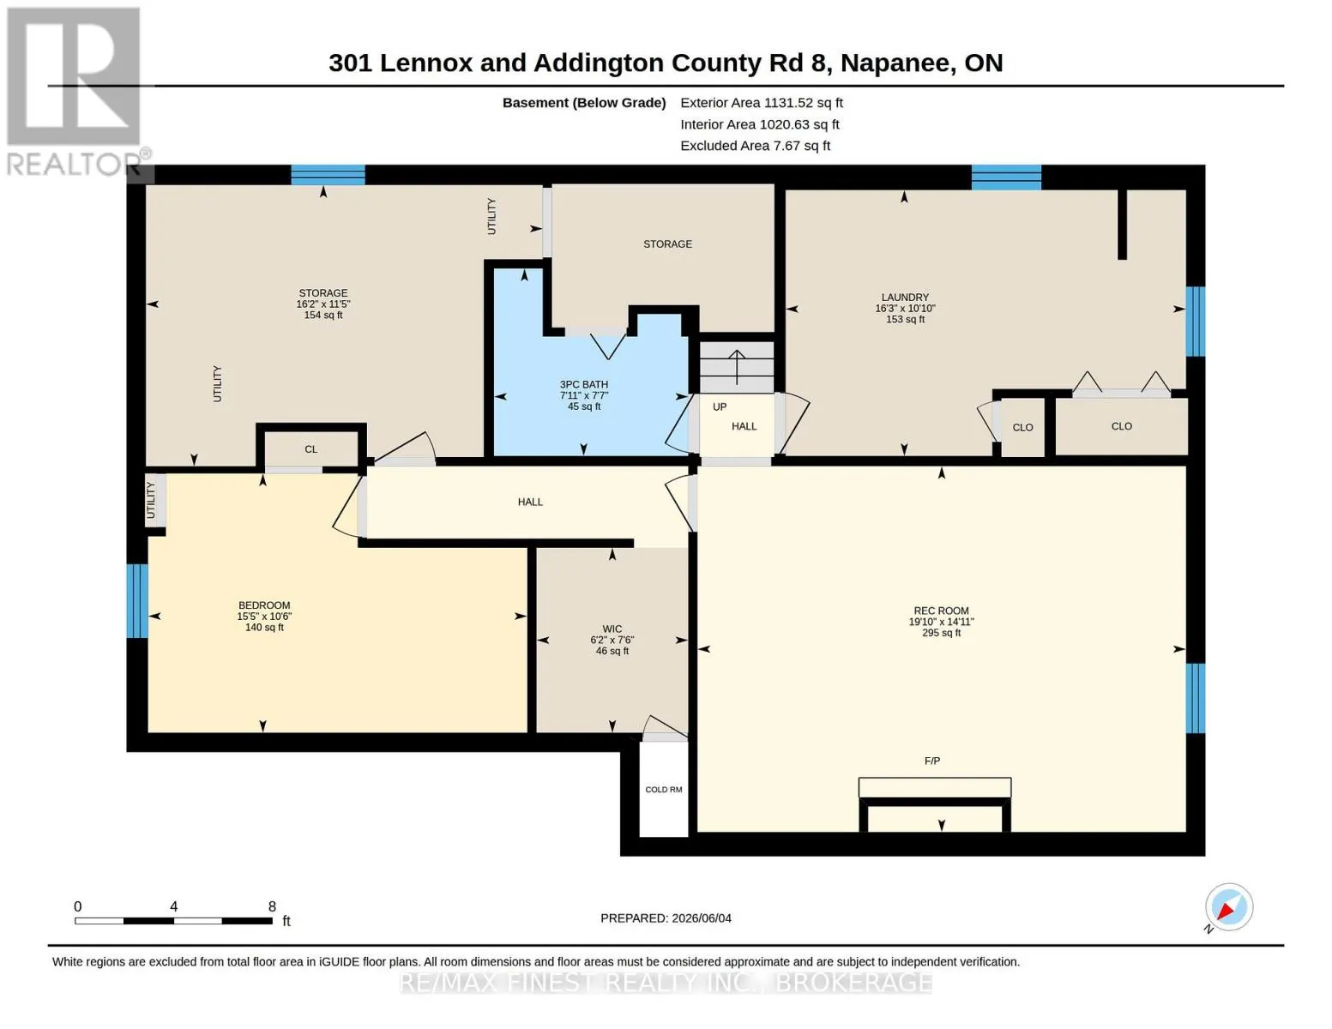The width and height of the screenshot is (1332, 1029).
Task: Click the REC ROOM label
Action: [941, 611]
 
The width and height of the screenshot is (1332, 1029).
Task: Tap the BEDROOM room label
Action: [264, 605]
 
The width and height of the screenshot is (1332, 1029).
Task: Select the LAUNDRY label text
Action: [905, 298]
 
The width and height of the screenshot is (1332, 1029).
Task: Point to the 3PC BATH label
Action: [583, 384]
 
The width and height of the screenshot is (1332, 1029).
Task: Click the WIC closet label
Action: [612, 629]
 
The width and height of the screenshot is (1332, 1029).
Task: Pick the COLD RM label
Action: [663, 790]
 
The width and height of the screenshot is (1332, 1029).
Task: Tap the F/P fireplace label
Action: [931, 761]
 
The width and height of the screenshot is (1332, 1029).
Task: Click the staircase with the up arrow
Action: [736, 367]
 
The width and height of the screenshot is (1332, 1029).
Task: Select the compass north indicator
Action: [1228, 908]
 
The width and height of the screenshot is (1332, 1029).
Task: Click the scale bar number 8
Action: [272, 906]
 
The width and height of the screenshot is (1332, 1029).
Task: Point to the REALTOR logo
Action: [75, 92]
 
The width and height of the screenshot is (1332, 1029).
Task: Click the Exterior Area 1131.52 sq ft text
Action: [762, 103]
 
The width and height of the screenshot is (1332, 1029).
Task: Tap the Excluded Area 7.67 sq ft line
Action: [755, 146]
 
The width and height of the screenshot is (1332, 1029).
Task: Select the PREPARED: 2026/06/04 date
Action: [666, 918]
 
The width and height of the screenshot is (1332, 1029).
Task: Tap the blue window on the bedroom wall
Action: [137, 601]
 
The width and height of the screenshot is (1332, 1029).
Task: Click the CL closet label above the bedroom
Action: [310, 449]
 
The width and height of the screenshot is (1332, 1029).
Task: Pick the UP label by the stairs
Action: [720, 407]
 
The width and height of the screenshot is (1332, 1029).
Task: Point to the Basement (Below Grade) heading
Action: [583, 103]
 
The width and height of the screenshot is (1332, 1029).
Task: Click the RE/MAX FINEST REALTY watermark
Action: [666, 983]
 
